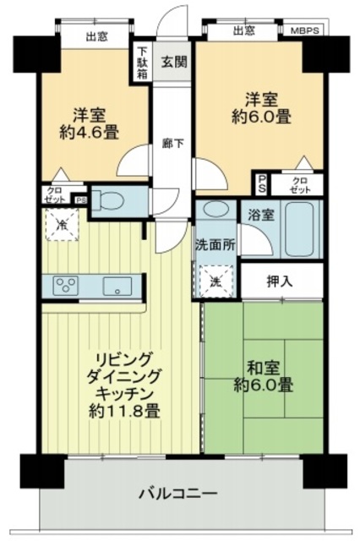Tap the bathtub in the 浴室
(x=300, y=229)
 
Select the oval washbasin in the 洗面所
(x=215, y=209)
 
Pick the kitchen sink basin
(x=117, y=287)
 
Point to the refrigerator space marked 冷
(x=63, y=224)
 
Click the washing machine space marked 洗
(x=216, y=281)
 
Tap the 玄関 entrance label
(x=174, y=62)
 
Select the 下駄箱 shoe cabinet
(x=142, y=63)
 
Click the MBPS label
(x=305, y=30)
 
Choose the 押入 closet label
(x=280, y=281)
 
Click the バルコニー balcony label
(x=178, y=493)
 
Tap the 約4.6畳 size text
(x=89, y=132)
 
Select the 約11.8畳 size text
(x=124, y=411)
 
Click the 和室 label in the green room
(x=263, y=369)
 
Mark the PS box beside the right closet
(x=262, y=184)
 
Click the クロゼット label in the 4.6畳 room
(x=55, y=195)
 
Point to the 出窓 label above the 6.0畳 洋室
(x=244, y=30)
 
